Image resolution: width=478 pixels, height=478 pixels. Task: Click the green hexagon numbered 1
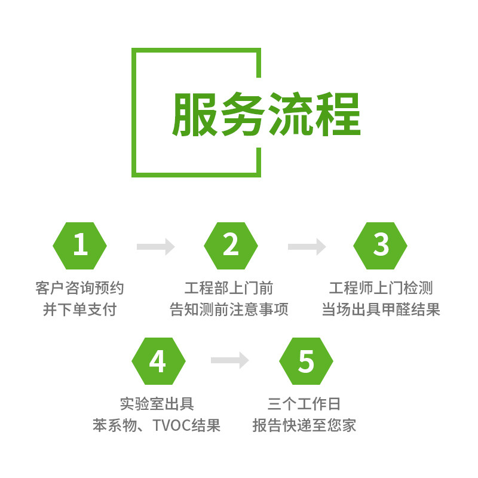click(79, 245)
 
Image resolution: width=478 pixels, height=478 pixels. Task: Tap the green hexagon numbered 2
click(231, 245)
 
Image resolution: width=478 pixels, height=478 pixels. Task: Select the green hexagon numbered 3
click(381, 245)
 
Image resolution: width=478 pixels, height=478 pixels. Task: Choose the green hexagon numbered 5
click(306, 361)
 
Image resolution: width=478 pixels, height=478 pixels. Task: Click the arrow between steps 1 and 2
click(155, 246)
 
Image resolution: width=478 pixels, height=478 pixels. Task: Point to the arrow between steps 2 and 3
click(306, 246)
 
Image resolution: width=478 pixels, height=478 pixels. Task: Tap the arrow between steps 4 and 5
click(230, 360)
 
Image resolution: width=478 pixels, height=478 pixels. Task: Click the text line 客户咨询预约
click(79, 289)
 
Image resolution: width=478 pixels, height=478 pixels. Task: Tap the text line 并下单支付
click(79, 310)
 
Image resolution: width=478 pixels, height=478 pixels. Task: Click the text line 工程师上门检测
click(381, 289)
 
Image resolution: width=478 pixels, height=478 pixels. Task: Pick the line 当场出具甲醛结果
click(381, 310)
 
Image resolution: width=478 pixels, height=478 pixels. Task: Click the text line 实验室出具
click(157, 404)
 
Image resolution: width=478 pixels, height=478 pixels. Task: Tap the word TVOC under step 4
click(173, 425)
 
